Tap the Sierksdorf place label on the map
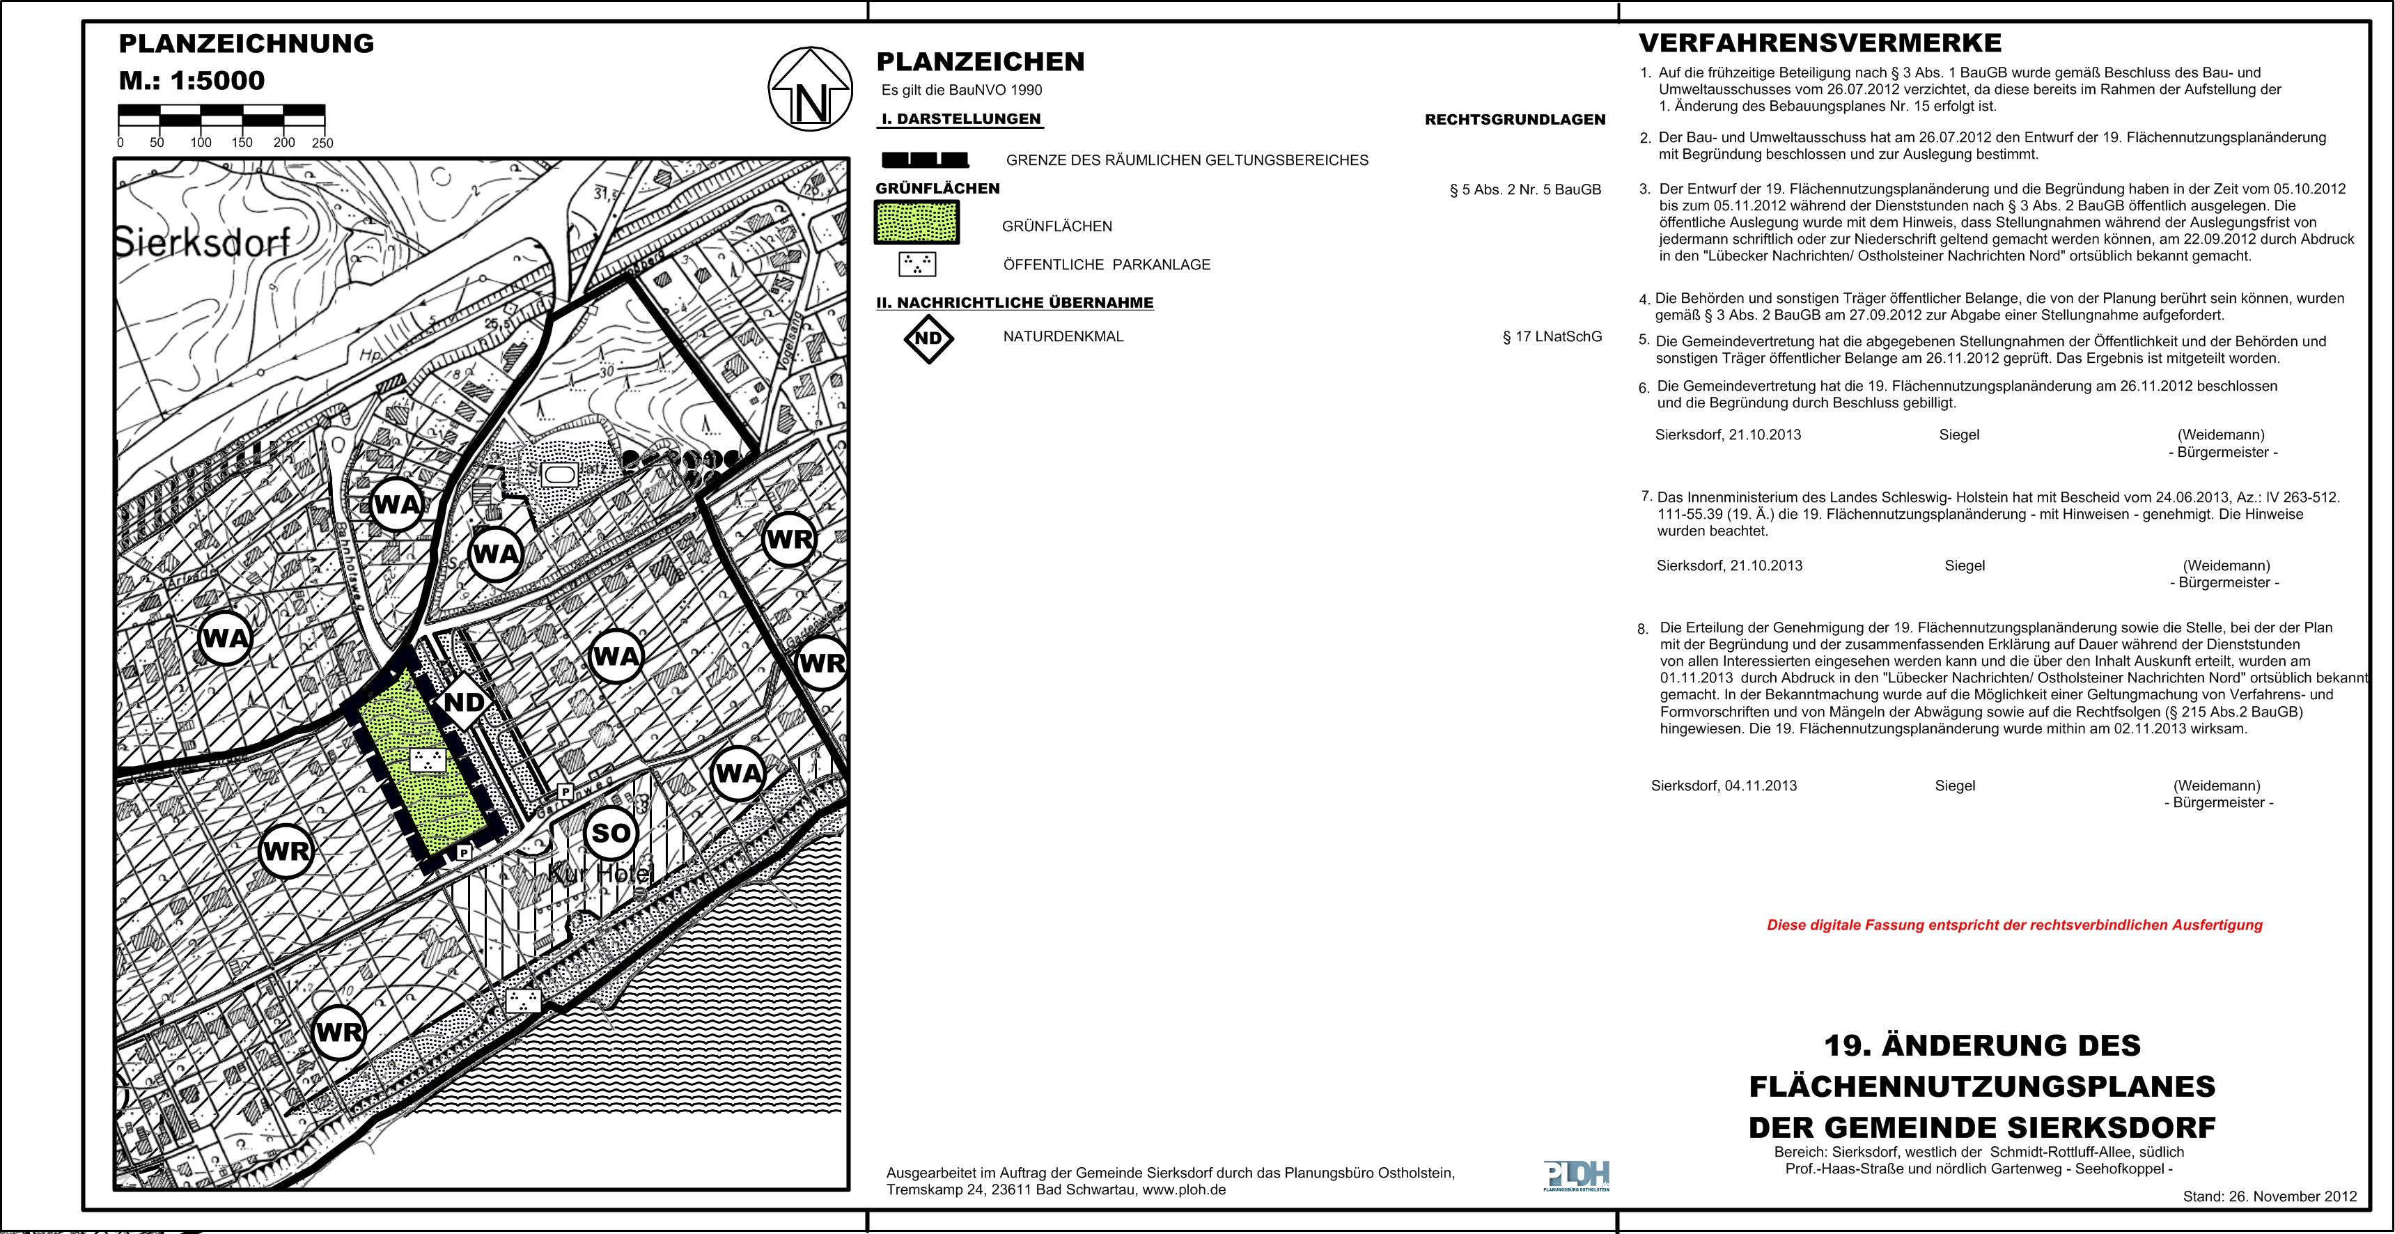tap(203, 243)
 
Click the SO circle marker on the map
tap(611, 833)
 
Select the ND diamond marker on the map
tap(464, 702)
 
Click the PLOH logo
tap(1576, 1176)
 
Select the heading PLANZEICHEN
tap(980, 62)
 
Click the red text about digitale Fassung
tap(2014, 925)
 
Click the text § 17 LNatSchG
tap(1552, 336)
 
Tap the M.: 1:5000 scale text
tap(192, 81)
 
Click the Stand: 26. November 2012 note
tap(2270, 1197)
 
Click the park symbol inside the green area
tap(428, 760)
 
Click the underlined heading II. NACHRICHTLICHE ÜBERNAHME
tap(1015, 303)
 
